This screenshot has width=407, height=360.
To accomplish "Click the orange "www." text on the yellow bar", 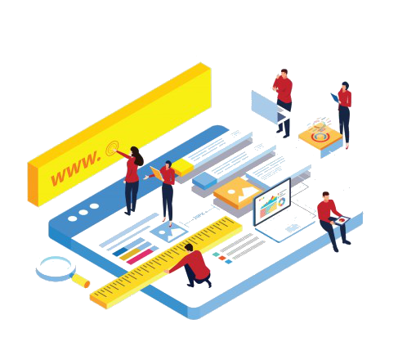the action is (x=76, y=168).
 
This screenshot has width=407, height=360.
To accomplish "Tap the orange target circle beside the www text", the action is (x=112, y=148).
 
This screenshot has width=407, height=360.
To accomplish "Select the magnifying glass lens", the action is (x=56, y=268).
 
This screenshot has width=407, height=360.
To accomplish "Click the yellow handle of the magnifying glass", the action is (x=80, y=281).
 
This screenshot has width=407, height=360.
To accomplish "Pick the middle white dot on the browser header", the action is (x=83, y=212).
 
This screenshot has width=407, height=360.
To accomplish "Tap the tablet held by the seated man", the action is (x=342, y=220).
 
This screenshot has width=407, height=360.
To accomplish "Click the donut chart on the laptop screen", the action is (x=281, y=202).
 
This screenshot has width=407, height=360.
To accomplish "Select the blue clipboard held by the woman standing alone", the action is (x=335, y=98).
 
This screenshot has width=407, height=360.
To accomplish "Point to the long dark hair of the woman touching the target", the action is (x=137, y=155).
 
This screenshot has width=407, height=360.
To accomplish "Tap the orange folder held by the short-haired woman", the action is (x=157, y=173).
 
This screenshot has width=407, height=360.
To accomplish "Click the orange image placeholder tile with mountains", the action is (x=238, y=192).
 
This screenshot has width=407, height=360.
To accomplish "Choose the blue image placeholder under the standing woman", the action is (x=169, y=232).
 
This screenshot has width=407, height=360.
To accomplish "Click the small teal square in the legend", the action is (x=216, y=254).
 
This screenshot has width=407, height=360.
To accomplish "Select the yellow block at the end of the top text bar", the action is (x=183, y=166).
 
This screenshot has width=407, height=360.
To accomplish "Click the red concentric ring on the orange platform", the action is (x=320, y=137).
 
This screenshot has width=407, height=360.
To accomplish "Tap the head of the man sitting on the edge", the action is (x=326, y=196).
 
